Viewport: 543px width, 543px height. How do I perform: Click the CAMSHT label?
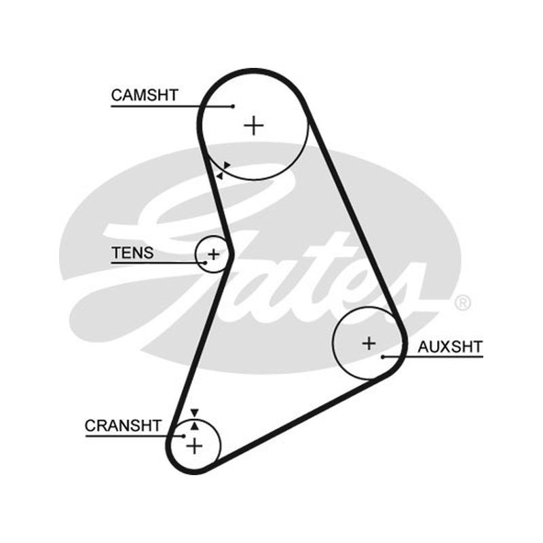145,95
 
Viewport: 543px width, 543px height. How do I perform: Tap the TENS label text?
132,252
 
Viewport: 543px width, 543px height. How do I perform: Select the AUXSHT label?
450,347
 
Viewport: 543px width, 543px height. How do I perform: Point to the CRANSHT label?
123,426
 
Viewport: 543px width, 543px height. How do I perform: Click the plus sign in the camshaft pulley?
254,126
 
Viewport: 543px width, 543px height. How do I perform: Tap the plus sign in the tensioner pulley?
214,255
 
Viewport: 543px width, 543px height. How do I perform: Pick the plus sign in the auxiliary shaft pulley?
369,343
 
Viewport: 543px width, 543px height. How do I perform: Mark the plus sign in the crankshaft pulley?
194,446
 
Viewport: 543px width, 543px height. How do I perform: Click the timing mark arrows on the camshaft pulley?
223,170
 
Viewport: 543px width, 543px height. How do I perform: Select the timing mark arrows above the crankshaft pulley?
195,419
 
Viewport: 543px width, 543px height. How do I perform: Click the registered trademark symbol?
463,303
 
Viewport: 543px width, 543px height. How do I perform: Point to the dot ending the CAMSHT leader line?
233,107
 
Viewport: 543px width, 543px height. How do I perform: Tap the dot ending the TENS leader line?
206,263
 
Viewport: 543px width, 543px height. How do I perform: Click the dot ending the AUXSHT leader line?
383,357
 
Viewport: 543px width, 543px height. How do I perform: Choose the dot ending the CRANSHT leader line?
184,436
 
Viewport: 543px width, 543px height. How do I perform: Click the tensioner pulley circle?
195,255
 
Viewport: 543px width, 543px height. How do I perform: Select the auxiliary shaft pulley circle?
333,343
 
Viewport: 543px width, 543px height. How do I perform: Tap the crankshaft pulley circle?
219,446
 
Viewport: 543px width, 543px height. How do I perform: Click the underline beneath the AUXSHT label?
433,357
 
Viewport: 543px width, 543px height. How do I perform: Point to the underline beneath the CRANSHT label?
134,436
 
